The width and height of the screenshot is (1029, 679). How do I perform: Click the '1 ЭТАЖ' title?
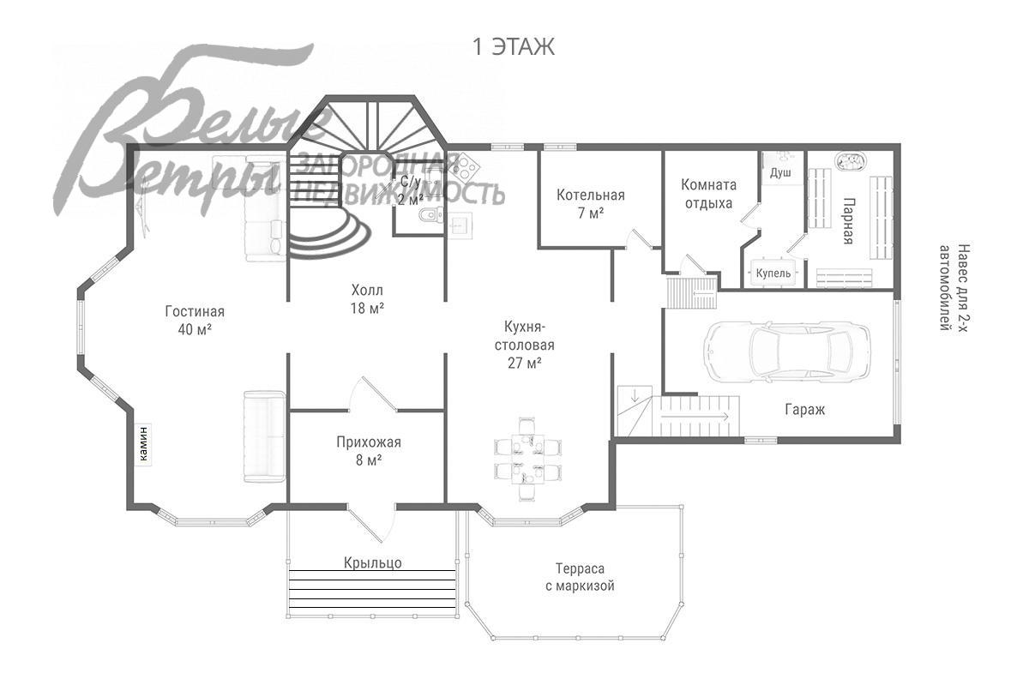(514, 47)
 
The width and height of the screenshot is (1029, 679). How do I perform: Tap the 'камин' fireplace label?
(144, 443)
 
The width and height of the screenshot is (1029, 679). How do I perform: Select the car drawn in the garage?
(787, 352)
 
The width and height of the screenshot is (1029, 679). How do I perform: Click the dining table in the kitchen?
(528, 459)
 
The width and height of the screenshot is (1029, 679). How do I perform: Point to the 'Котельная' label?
(591, 195)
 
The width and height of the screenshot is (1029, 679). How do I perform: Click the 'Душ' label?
(780, 173)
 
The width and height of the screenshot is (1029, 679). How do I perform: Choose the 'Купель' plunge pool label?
(773, 273)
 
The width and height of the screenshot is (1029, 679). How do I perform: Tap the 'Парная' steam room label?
(848, 221)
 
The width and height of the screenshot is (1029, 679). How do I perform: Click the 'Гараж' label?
(805, 409)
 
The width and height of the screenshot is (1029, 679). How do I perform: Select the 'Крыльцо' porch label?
(372, 562)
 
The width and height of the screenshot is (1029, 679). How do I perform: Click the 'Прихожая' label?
(369, 442)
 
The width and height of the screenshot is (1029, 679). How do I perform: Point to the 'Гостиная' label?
(195, 311)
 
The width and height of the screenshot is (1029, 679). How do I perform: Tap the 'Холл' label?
(367, 290)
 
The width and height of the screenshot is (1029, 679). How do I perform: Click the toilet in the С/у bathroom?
(430, 214)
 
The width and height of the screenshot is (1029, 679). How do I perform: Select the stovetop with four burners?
(465, 168)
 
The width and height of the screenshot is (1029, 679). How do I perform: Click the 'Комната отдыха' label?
(708, 194)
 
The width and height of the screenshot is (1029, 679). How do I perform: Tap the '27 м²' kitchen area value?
(525, 363)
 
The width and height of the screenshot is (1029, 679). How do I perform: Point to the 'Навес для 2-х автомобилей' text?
(954, 287)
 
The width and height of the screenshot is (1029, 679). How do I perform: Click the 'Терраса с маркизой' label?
(580, 577)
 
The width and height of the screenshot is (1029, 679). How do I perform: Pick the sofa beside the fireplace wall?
(264, 436)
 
